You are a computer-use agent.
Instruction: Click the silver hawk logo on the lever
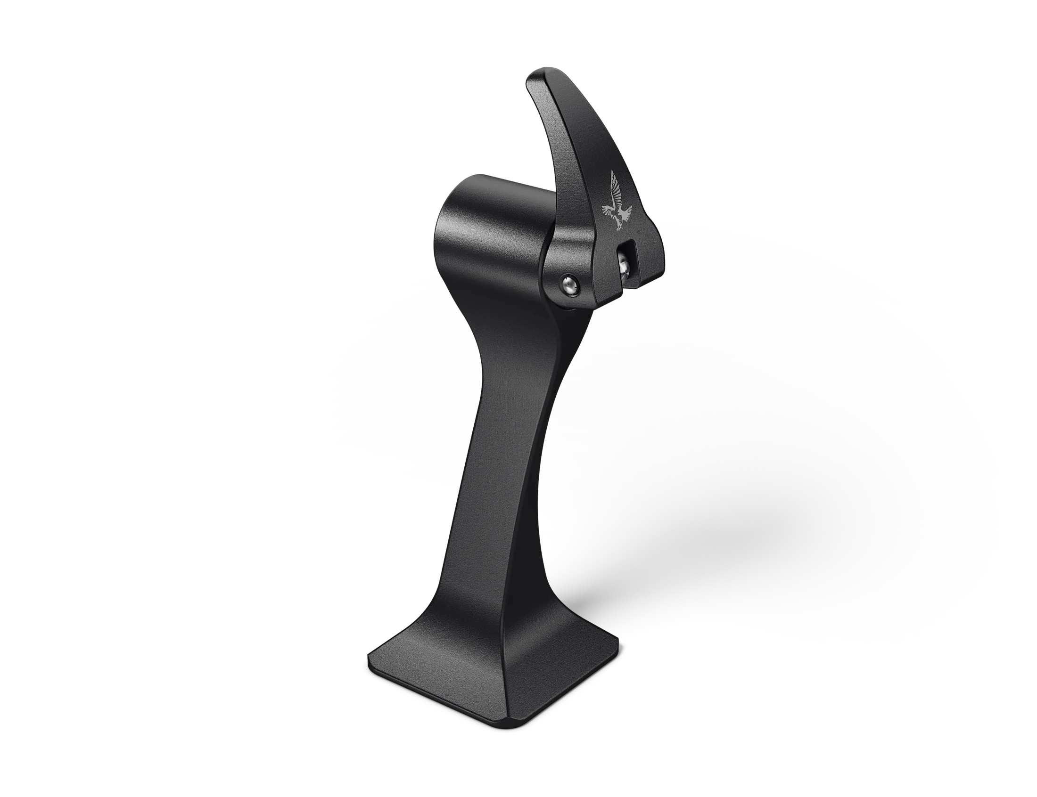point(616,202)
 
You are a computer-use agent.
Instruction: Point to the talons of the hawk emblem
point(619,228)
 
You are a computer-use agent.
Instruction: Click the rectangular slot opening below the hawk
point(625,249)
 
